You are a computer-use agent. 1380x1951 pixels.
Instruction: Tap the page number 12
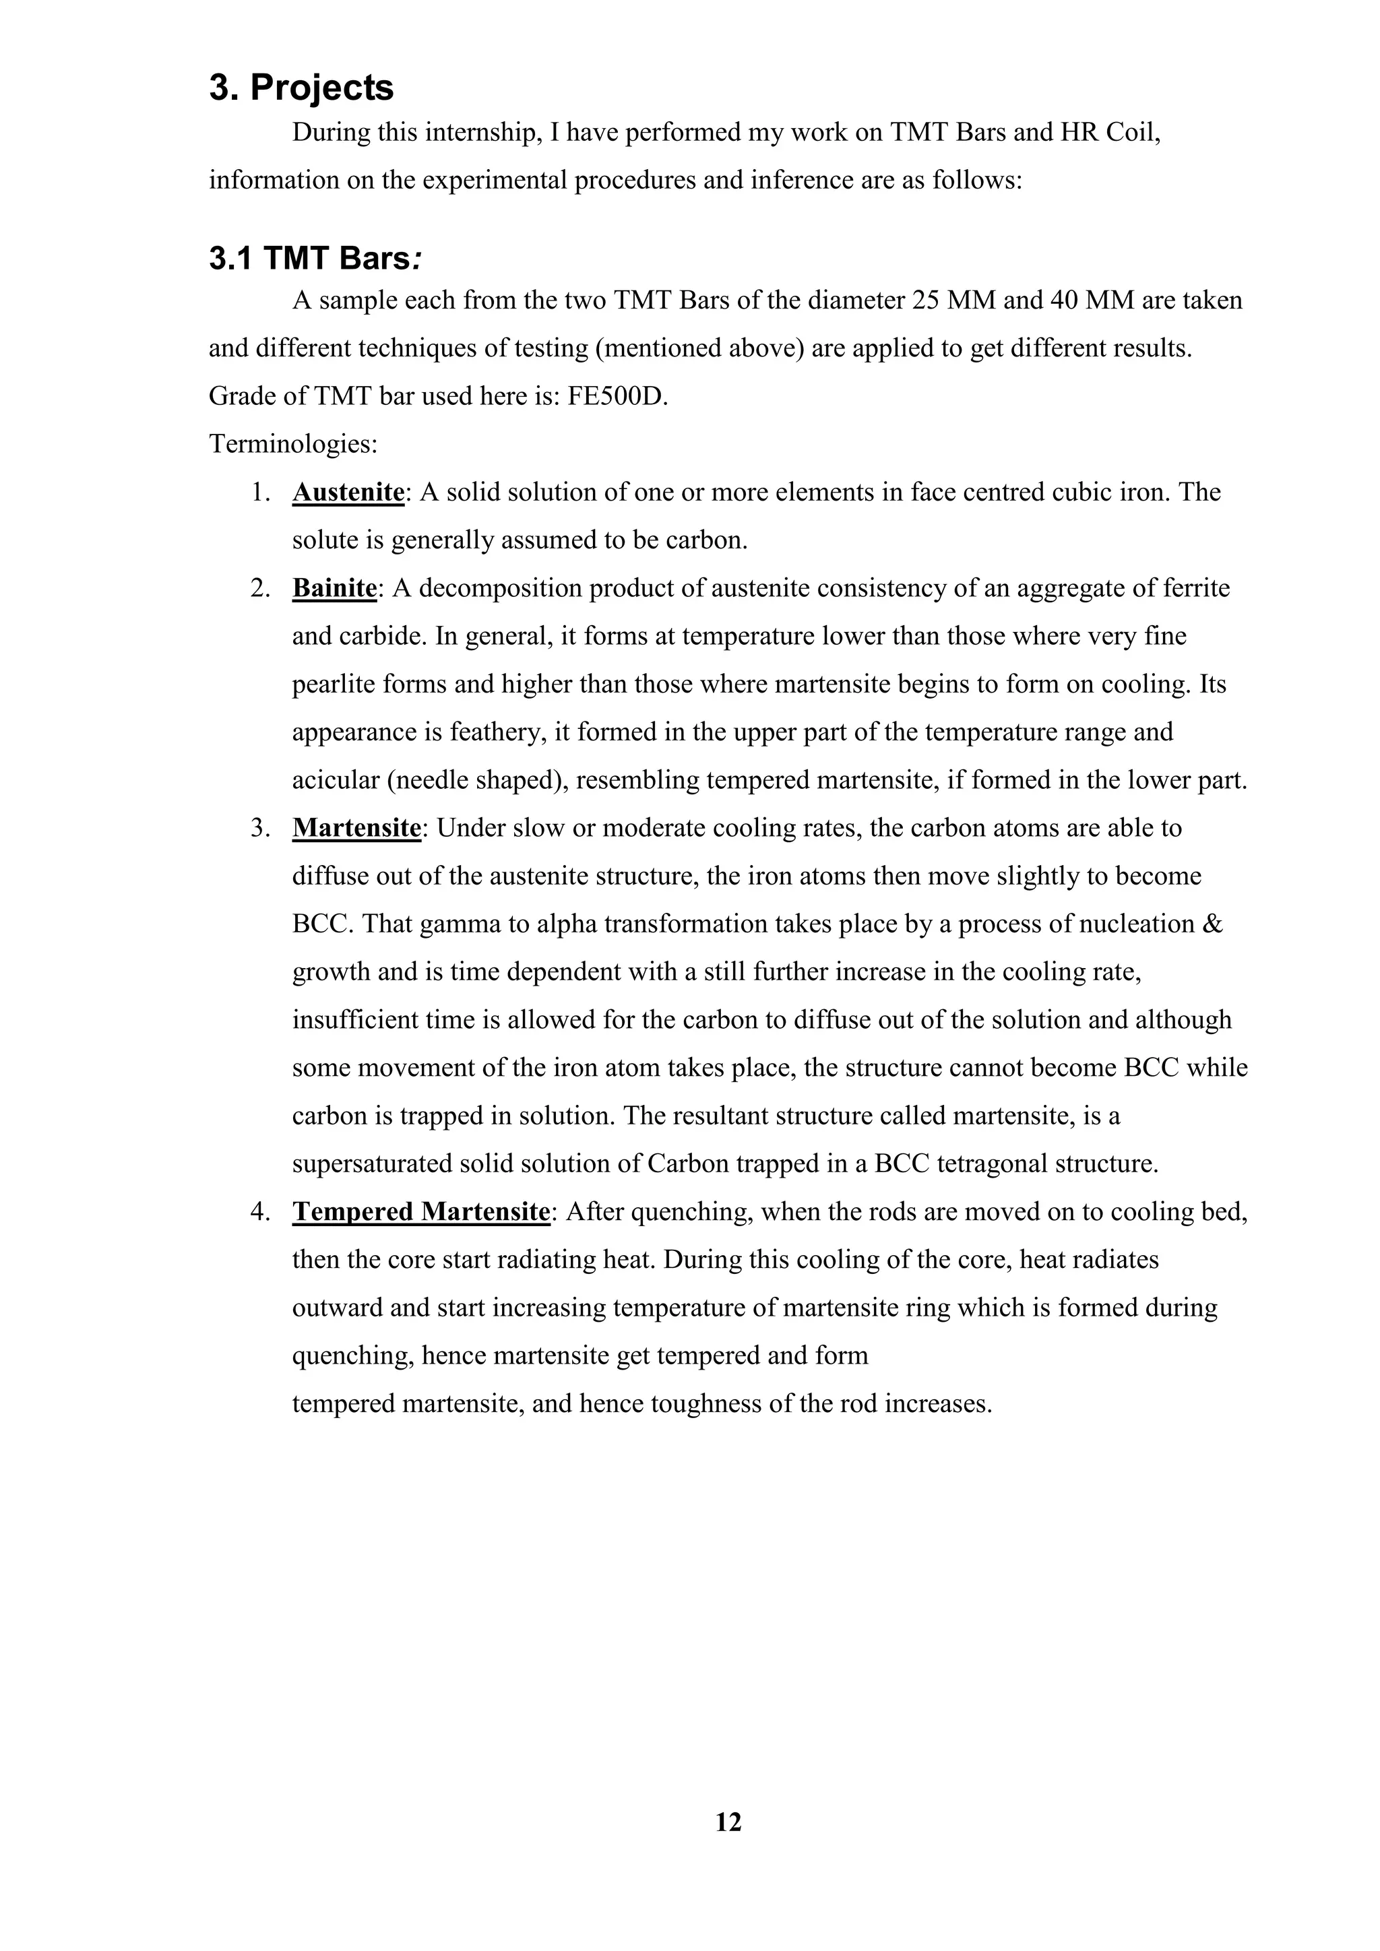coord(728,1822)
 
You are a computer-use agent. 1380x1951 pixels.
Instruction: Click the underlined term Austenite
coord(348,492)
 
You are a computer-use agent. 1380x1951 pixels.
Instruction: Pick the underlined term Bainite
coord(334,588)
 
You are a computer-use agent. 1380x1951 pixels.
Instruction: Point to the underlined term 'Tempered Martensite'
coord(420,1211)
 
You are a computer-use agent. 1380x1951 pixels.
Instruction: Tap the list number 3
coord(259,828)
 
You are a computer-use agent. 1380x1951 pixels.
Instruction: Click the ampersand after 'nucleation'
coord(1214,924)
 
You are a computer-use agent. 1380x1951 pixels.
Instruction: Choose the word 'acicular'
coord(336,780)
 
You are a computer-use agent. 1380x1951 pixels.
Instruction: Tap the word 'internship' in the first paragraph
coord(482,133)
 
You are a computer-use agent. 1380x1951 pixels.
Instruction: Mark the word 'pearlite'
coord(333,684)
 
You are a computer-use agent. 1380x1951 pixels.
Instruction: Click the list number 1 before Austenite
coord(259,492)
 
